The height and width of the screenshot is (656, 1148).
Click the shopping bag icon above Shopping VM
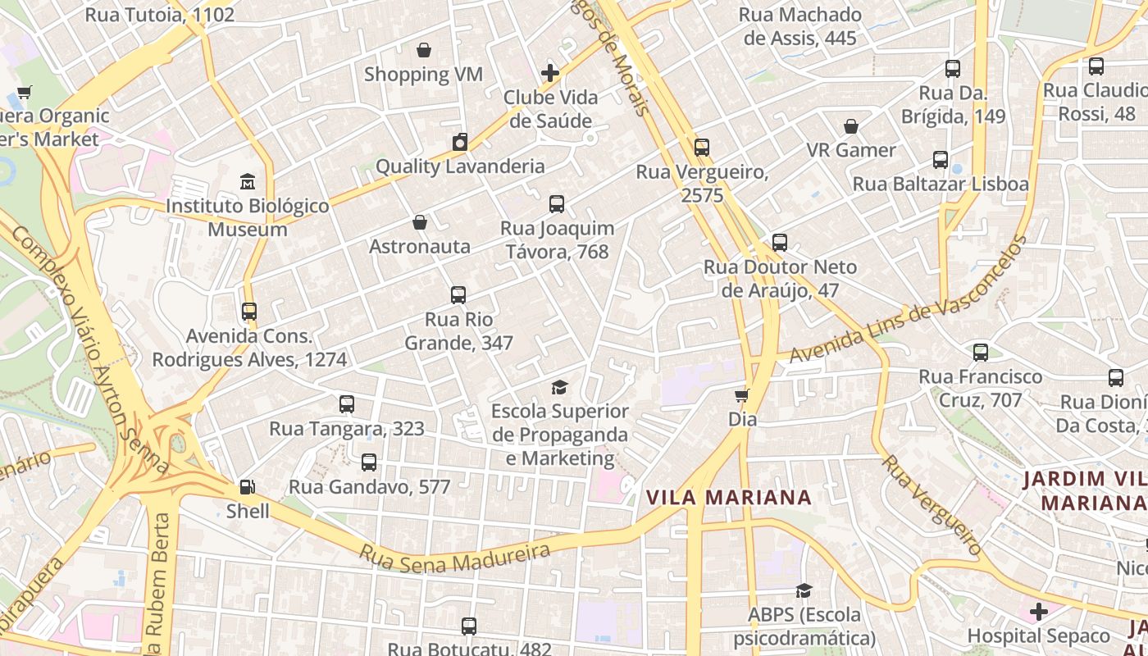[424, 51]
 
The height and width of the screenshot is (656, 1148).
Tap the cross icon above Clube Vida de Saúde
[550, 73]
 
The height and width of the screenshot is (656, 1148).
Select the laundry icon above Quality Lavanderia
[460, 142]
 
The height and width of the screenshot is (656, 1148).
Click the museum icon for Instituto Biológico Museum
[247, 181]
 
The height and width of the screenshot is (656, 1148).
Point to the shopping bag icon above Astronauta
[420, 222]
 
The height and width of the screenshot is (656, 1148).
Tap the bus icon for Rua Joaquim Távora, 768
[557, 204]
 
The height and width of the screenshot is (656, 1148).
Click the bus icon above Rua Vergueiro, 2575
[702, 148]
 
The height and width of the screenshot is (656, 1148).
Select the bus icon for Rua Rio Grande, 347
[458, 295]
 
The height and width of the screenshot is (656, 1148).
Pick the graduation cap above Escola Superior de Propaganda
[559, 387]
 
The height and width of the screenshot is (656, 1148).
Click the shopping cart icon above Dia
[742, 396]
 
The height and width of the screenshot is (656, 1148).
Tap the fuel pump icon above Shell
[247, 487]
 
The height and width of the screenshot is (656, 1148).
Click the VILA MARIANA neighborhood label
[728, 498]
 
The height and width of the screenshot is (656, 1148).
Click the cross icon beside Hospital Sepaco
[1039, 612]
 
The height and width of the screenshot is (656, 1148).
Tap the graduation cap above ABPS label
[804, 590]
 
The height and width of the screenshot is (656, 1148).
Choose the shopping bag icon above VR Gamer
[851, 126]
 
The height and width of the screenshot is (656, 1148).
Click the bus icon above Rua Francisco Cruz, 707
[981, 353]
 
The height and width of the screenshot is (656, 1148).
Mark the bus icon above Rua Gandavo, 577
[369, 462]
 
